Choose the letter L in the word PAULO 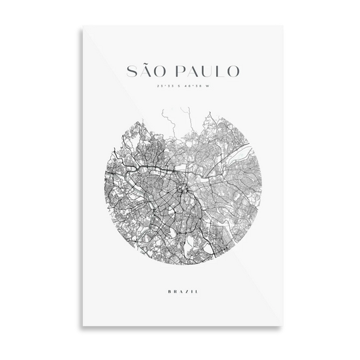[225, 71]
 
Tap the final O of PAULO [240, 71]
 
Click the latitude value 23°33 [161, 86]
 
